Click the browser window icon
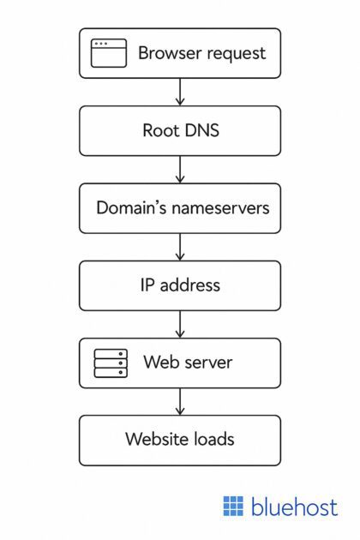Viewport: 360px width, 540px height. coord(109,53)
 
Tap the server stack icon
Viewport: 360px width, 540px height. coord(110,363)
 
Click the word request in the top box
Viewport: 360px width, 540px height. coord(235,53)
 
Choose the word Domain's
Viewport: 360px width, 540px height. coord(133,207)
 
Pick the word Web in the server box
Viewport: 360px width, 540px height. coord(160,362)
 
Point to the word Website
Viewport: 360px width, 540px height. coord(157,439)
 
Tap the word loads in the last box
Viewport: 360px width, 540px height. coord(213,439)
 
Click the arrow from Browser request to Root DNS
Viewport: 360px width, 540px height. coord(180,92)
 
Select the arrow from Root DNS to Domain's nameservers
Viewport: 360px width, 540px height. coord(180,169)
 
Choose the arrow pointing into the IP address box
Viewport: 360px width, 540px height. coord(180,246)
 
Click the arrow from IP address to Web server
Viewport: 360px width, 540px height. coord(180,323)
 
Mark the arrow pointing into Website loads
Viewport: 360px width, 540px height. coord(180,400)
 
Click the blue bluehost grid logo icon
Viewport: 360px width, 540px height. coord(233,506)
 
